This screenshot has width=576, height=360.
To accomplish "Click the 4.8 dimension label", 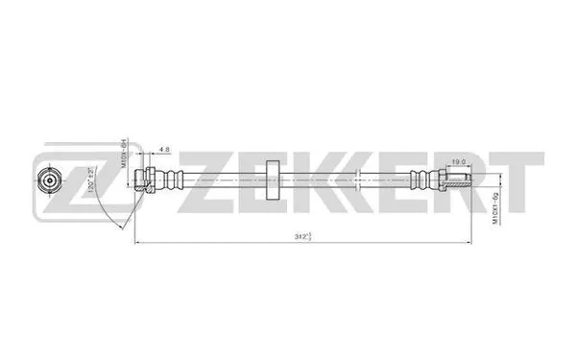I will point(165,150).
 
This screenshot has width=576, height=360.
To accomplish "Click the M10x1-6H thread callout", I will point(125,154).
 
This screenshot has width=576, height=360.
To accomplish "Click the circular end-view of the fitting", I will point(46,179).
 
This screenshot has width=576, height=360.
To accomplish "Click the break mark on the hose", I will point(358,178).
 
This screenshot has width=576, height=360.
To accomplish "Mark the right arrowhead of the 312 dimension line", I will point(471,240).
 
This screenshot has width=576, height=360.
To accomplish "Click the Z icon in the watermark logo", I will point(70,180).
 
